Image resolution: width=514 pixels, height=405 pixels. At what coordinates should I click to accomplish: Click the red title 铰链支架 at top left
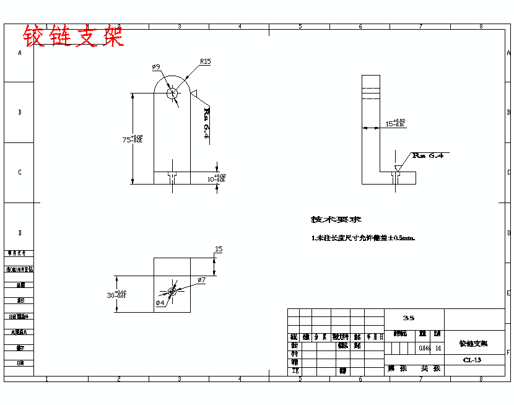click(x=73, y=37)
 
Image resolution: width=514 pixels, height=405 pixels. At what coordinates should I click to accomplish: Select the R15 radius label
click(x=205, y=61)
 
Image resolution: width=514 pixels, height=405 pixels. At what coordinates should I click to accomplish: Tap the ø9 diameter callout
click(x=155, y=66)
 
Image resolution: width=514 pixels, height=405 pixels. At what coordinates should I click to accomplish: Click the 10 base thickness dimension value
click(x=212, y=178)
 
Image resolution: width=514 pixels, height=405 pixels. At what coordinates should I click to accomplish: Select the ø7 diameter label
click(x=201, y=281)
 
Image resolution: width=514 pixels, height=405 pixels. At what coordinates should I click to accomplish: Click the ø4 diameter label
click(x=160, y=303)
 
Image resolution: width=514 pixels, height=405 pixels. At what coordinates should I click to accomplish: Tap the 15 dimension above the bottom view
click(x=218, y=249)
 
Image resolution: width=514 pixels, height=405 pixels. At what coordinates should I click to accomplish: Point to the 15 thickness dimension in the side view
click(x=391, y=124)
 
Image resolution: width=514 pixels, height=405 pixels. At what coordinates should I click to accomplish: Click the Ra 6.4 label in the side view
click(x=428, y=155)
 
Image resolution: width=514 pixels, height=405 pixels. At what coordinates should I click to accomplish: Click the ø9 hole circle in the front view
click(x=172, y=93)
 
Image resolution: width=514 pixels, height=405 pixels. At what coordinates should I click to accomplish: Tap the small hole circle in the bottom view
click(x=172, y=292)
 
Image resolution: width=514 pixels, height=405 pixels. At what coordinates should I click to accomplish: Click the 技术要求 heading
click(x=336, y=219)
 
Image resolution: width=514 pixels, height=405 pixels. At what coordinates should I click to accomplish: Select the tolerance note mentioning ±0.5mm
click(x=363, y=238)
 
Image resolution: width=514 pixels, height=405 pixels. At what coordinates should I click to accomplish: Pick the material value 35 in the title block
click(x=409, y=318)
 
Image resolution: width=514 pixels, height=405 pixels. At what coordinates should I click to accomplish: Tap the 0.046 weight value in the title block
click(x=425, y=348)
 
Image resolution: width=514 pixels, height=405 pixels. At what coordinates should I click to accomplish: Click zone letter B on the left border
click(x=20, y=112)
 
